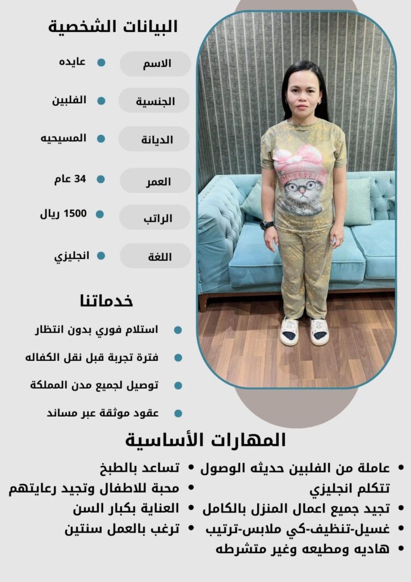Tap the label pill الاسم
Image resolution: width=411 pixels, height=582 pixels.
155,64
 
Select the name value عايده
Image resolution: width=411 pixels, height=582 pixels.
72,62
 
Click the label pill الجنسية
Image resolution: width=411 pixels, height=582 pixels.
154,101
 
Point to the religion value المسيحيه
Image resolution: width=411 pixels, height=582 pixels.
63,138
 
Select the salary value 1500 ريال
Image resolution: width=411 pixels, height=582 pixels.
63,214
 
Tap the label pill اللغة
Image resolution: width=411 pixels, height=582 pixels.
155,256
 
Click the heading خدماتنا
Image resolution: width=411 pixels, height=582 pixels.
107,300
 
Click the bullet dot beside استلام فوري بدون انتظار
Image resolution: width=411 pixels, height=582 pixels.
178,330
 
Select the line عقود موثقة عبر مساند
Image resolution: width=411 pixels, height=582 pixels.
103,413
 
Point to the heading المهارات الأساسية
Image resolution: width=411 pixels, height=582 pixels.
205,440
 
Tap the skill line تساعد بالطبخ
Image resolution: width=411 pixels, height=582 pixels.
140,468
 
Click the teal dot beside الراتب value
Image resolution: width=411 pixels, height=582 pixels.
100,214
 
